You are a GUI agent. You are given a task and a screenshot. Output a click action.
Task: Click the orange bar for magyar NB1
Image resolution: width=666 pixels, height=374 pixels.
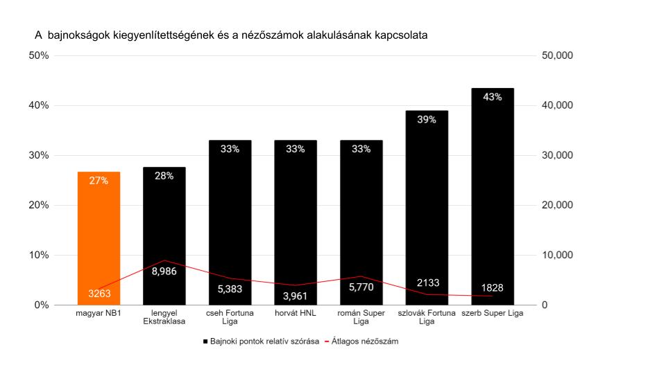99,235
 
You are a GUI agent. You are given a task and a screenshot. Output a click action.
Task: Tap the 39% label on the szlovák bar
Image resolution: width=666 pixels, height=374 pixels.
427,120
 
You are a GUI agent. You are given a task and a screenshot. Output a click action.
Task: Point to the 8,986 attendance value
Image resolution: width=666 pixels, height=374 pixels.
164,271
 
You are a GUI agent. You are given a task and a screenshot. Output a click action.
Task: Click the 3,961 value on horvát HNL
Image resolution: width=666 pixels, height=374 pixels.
296,297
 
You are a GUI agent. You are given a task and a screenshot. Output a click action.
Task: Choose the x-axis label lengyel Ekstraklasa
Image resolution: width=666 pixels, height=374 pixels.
164,317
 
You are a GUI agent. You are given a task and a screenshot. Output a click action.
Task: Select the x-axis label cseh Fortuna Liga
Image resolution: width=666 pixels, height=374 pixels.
230,317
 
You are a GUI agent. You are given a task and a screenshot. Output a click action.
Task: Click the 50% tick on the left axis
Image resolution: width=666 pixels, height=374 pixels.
38,55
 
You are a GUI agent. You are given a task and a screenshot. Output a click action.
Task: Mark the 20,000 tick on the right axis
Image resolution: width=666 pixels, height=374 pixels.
556,205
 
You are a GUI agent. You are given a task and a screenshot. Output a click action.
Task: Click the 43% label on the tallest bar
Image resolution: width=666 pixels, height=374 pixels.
493,97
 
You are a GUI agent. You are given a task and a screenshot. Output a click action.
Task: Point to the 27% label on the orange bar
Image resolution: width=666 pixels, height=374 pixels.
99,181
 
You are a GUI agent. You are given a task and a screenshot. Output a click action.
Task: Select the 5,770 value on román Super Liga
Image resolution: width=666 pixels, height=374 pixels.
361,287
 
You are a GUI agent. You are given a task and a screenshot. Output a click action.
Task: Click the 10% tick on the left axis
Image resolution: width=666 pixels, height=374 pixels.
38,255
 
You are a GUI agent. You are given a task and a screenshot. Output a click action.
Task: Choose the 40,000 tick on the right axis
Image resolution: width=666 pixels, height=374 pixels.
556,105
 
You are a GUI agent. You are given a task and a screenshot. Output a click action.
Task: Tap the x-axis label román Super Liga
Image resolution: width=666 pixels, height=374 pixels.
361,317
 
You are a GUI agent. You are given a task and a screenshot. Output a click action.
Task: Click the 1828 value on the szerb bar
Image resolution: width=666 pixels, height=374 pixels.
493,288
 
